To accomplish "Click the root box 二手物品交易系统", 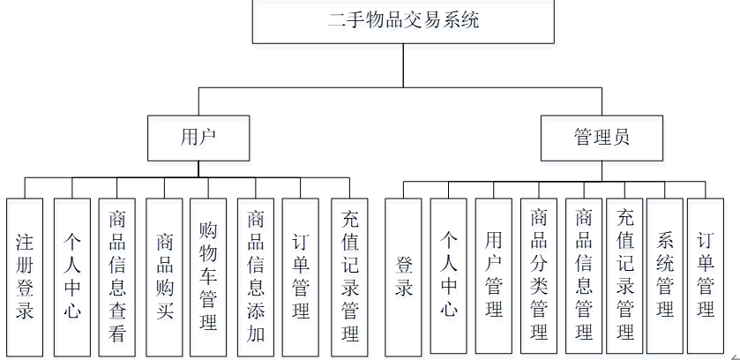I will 403,21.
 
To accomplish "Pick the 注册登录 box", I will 25,275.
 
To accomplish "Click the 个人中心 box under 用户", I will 72,275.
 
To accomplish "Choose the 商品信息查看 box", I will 117,275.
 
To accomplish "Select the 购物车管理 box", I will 208,275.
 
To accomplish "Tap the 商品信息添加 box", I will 256,275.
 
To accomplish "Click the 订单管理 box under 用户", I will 301,275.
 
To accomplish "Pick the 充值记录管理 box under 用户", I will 349,275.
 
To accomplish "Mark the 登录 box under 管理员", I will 404,275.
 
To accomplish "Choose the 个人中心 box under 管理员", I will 449,275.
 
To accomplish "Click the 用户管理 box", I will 493,275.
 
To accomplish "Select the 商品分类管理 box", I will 538,275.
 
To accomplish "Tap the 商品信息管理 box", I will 583,275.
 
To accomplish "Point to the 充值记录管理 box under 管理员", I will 624,275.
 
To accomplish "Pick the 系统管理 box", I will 664,275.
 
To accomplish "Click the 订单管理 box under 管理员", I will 706,275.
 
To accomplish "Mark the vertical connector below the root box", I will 403,66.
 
